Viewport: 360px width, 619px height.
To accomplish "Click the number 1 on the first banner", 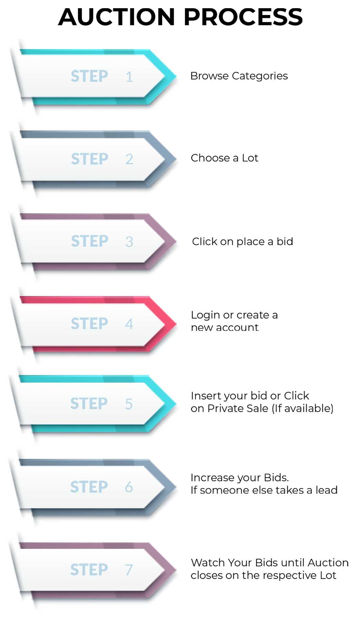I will pos(129,77).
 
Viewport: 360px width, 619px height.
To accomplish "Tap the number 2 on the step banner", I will pos(129,159).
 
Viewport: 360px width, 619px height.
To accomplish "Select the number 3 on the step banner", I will pos(129,242).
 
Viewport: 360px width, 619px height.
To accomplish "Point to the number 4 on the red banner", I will pos(129,324).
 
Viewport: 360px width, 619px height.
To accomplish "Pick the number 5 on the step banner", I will pos(129,404).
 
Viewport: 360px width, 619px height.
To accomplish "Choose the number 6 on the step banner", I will pos(129,487).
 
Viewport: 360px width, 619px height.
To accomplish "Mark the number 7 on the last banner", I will pos(129,570).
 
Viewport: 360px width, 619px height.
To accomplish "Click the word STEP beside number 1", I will pos(89,76).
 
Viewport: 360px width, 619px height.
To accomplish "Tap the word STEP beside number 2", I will pos(90,159).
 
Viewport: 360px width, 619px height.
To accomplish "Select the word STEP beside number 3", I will pos(90,241).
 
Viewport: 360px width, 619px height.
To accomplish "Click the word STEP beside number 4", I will pos(89,323).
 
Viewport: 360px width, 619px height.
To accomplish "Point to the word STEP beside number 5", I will pos(89,403).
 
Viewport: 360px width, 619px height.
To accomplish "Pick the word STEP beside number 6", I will pos(89,486).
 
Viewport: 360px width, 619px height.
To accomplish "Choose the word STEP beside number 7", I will pos(89,569).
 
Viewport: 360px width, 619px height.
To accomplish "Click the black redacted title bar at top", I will pos(180,17).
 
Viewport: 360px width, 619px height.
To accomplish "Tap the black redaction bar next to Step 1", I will pos(239,77).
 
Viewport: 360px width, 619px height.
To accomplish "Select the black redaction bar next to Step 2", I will pos(225,157).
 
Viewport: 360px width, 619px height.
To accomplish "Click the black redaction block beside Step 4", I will pos(234,321).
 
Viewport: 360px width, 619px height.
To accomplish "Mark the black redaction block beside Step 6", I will pos(264,483).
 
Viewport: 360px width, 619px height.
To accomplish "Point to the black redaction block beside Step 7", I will pos(269,569).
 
